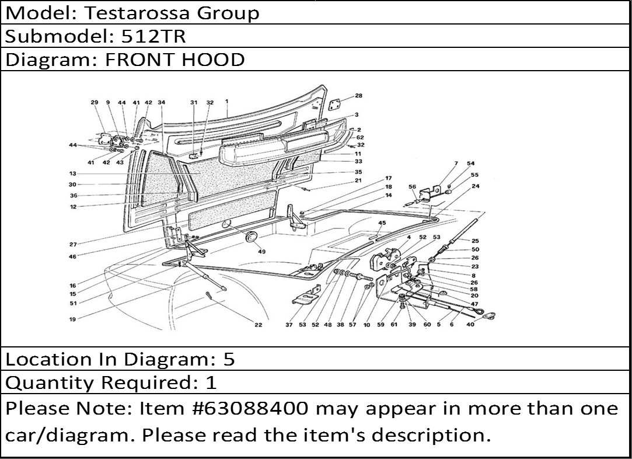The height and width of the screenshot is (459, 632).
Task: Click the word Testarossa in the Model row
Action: [x=137, y=13]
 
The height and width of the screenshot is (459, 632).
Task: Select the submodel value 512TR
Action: [x=153, y=36]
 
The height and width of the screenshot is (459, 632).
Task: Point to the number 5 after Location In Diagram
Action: [x=229, y=359]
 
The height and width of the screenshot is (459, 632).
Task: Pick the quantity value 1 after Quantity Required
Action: [x=211, y=382]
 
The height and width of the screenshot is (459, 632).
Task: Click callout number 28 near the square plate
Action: [x=358, y=96]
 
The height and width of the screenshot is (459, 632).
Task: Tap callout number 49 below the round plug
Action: [x=261, y=252]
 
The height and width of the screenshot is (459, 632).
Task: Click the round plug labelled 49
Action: [x=251, y=237]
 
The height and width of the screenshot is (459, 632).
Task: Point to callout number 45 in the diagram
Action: [x=382, y=222]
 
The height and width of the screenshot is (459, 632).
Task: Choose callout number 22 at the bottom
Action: [x=259, y=325]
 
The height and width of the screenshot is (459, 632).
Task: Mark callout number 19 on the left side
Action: [x=72, y=319]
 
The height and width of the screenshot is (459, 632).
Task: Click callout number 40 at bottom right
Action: [x=470, y=324]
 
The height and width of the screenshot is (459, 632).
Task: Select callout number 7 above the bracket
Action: [x=456, y=164]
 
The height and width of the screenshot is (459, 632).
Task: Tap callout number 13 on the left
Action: [x=72, y=174]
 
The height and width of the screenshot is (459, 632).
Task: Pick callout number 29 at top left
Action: [x=95, y=102]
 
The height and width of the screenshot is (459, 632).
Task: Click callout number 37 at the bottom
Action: [x=289, y=325]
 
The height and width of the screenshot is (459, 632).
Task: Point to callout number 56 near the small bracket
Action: [x=412, y=187]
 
